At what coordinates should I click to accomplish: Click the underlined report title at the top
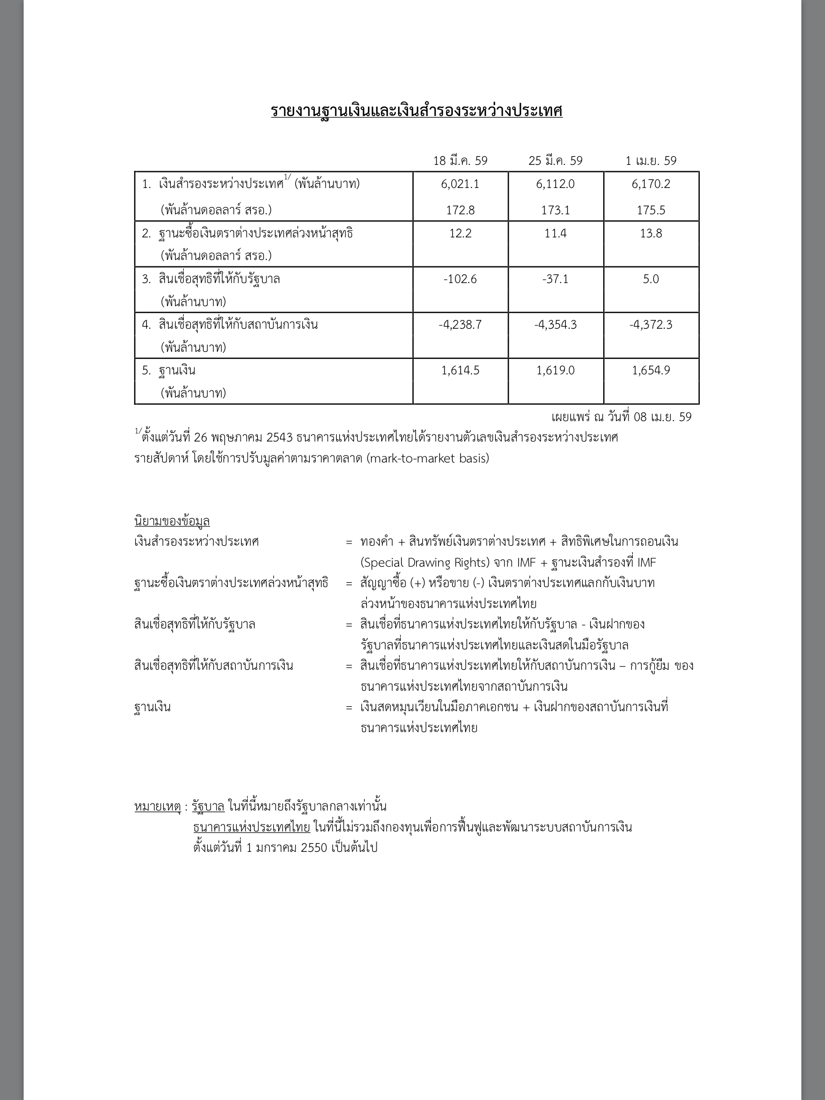(x=416, y=111)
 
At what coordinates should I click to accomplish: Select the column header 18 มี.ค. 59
(x=460, y=161)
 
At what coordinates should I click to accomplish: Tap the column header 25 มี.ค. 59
(x=555, y=161)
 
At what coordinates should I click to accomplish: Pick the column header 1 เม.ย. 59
(x=651, y=161)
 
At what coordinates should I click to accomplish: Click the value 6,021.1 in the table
(x=460, y=184)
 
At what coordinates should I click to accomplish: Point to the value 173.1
(x=555, y=210)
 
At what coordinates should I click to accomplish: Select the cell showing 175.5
(x=651, y=210)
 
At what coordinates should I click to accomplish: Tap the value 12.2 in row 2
(x=460, y=234)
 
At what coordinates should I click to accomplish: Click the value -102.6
(x=460, y=279)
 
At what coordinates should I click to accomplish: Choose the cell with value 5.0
(x=651, y=279)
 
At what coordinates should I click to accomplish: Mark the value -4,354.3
(x=555, y=325)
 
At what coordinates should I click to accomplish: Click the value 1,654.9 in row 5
(x=651, y=371)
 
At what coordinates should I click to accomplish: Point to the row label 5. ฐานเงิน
(x=169, y=371)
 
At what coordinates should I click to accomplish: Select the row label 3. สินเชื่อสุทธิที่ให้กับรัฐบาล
(x=211, y=279)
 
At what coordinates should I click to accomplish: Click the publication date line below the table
(x=621, y=417)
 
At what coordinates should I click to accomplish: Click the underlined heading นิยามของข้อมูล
(x=172, y=521)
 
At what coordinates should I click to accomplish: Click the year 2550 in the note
(x=312, y=848)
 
